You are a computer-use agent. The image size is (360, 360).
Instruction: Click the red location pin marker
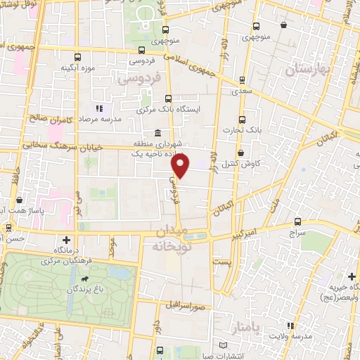pyautogui.click(x=181, y=167)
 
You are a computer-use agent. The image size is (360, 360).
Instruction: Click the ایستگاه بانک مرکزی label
pyautogui.click(x=169, y=110)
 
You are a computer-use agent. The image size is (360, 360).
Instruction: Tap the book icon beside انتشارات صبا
pyautogui.click(x=224, y=346)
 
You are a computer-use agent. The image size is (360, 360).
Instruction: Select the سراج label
pyautogui.click(x=297, y=232)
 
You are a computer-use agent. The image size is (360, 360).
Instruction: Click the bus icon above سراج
pyautogui.click(x=297, y=221)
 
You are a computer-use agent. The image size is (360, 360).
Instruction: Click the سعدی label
pyautogui.click(x=242, y=91)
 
